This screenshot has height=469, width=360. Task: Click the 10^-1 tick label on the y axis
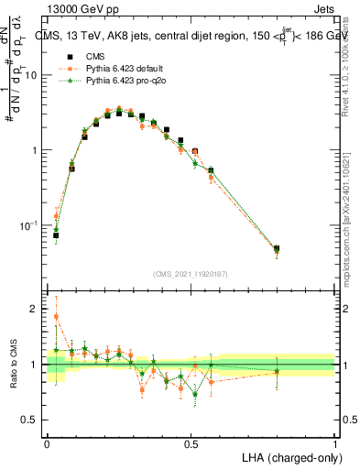[29, 225]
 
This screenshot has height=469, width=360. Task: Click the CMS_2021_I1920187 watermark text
[190, 274]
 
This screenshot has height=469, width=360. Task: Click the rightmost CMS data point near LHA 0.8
[277, 248]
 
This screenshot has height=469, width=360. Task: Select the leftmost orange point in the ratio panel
[56, 317]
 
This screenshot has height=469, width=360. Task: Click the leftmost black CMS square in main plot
[56, 235]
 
